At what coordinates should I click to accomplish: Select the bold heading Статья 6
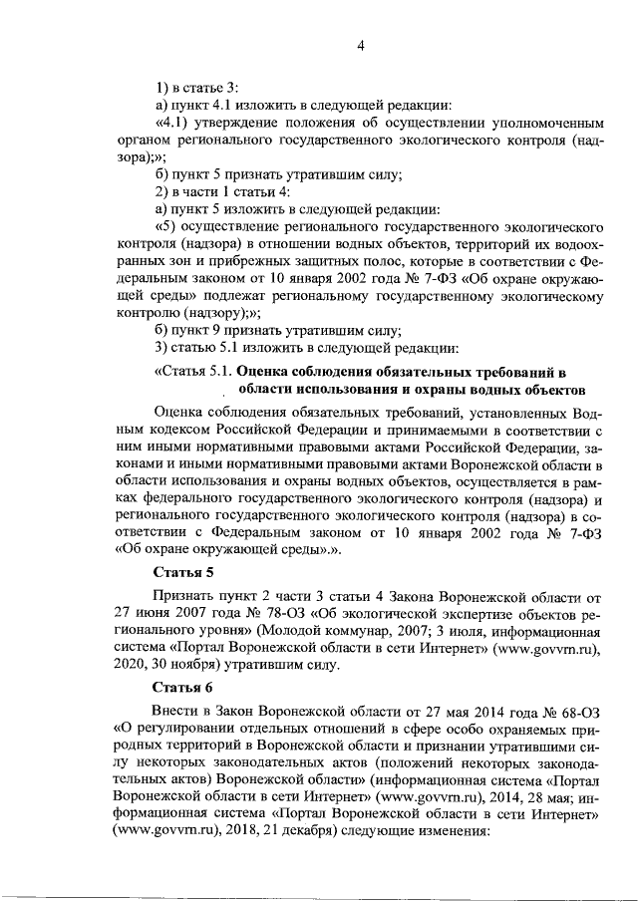pos(182,688)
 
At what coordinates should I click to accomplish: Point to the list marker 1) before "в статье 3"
pos(162,87)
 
